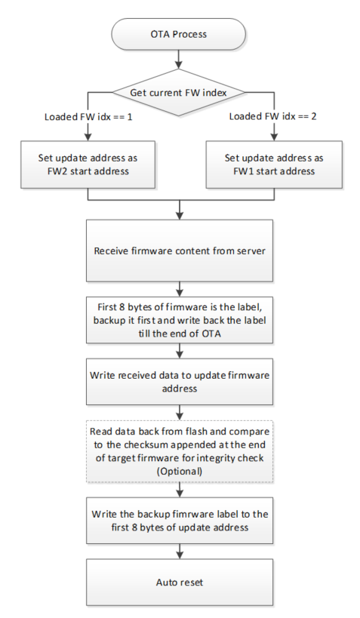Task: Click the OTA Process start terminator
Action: (x=179, y=34)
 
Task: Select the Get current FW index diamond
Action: (x=179, y=93)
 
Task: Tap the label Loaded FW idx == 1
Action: (x=88, y=117)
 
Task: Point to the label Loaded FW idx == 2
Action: (x=273, y=116)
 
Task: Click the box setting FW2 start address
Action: (x=88, y=164)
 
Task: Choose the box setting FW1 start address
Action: (x=274, y=164)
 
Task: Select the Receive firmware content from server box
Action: (x=180, y=251)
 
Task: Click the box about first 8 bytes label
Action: (x=180, y=320)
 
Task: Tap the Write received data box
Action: (x=180, y=381)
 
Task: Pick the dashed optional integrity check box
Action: (x=180, y=451)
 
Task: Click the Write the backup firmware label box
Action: (x=180, y=521)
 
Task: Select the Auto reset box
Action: (x=180, y=582)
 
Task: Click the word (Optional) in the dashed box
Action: (x=180, y=471)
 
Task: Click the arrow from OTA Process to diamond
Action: (x=180, y=60)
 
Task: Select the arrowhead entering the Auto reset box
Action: (x=180, y=555)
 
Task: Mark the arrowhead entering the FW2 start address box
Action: (x=88, y=137)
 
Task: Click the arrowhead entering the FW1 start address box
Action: (x=274, y=137)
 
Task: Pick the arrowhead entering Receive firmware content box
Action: (x=180, y=216)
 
